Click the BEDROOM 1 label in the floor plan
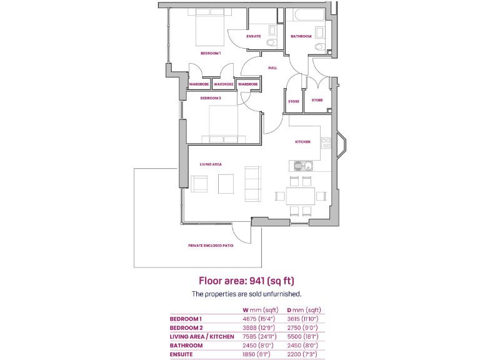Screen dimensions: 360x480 [211, 54]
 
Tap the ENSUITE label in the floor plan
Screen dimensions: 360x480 [254, 36]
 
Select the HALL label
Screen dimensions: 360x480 [272, 67]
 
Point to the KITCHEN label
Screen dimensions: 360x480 [302, 142]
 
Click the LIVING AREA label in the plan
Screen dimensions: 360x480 [211, 164]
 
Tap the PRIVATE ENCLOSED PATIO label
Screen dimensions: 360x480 [211, 246]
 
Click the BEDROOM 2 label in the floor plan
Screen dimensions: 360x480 [210, 98]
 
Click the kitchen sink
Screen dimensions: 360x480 [306, 166]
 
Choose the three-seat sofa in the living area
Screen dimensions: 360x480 [253, 184]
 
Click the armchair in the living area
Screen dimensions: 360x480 [199, 184]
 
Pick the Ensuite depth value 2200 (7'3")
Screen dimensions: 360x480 [304, 354]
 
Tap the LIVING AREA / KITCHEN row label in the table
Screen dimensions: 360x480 [202, 336]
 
